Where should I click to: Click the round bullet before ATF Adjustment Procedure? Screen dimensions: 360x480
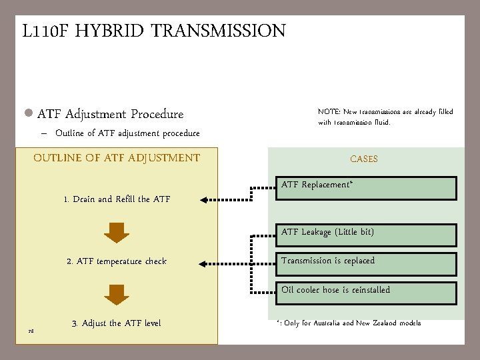tap(29, 114)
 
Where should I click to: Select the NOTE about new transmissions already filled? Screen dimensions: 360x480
tap(385, 117)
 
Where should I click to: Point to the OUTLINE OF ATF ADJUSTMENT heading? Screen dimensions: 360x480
tap(117, 158)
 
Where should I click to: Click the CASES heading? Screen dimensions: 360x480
tap(364, 159)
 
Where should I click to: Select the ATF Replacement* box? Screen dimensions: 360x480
tap(367, 188)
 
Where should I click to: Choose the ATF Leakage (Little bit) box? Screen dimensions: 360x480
tap(367, 235)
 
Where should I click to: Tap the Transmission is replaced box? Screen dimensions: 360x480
tap(367, 264)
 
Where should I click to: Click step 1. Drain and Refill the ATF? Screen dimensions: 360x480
tap(117, 199)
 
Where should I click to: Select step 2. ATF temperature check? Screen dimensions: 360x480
tap(117, 261)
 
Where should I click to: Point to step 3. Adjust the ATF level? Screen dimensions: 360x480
tap(116, 323)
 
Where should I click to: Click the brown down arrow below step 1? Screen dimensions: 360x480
tap(117, 231)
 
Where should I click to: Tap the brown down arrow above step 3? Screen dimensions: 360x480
tap(117, 294)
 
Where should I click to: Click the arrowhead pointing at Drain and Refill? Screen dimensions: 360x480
tap(205, 199)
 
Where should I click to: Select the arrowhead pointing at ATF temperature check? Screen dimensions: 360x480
tap(205, 261)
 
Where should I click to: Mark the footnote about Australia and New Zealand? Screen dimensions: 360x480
tap(349, 323)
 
